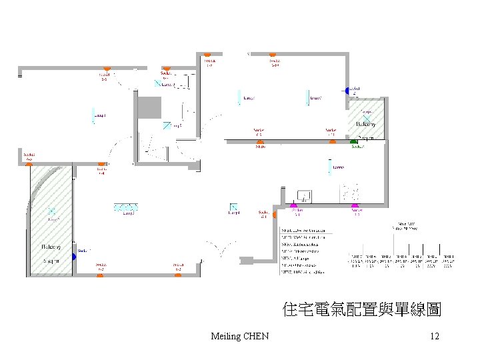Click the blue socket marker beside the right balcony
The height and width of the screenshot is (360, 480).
point(347,89)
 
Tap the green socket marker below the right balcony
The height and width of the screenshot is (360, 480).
point(354,141)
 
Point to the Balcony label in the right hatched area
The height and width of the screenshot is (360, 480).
point(366,125)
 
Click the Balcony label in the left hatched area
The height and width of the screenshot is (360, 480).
point(51,247)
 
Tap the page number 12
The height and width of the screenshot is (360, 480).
point(435,336)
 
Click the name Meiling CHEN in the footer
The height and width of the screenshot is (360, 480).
point(239,336)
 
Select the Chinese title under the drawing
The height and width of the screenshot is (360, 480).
point(362,309)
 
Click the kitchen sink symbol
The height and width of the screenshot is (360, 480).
point(304,195)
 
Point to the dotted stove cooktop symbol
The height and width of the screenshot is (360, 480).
point(351,194)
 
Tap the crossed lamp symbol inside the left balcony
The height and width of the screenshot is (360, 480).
point(52,213)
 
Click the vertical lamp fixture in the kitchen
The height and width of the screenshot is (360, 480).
point(328,167)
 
